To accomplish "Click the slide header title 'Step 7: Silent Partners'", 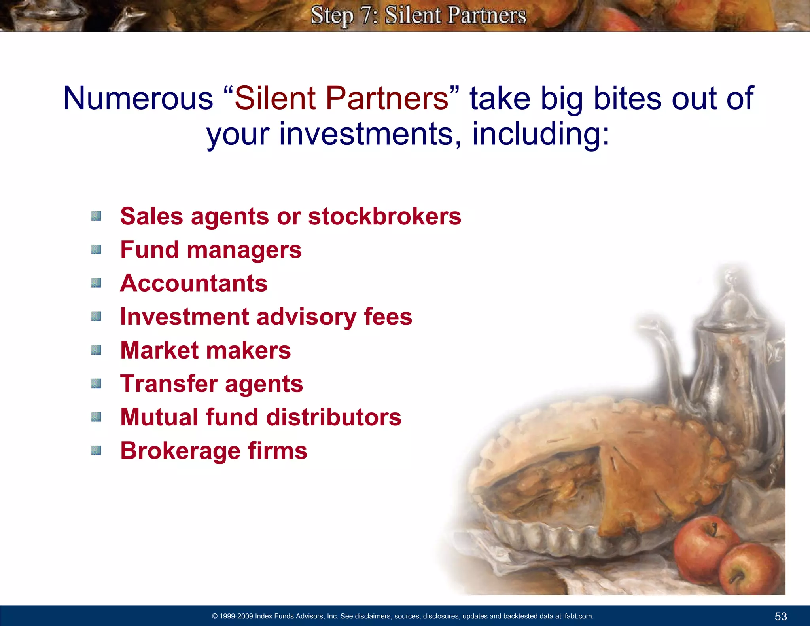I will point(418,16).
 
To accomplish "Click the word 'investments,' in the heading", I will point(370,134).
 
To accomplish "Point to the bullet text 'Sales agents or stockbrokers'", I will point(290,216).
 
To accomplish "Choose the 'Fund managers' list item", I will point(211,250).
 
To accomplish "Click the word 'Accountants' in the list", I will point(194,283).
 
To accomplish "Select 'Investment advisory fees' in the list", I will point(266,317).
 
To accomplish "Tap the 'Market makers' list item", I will point(205,351).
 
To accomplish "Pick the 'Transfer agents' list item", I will point(212,384).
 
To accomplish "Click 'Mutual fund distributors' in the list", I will point(261,417).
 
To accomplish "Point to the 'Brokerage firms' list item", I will point(214,451).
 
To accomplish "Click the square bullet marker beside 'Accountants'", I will point(96,283).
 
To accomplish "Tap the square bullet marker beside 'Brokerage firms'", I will point(96,451).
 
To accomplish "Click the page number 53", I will point(781,616).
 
